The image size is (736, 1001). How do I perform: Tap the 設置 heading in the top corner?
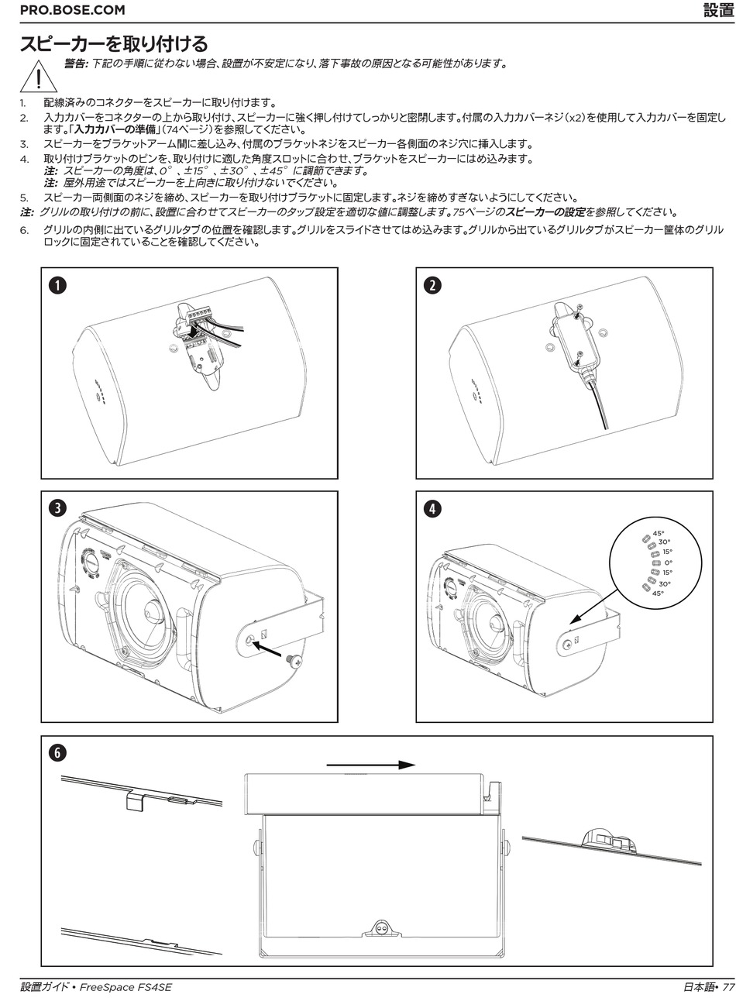717,10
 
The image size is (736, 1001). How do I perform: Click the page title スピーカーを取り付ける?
113,42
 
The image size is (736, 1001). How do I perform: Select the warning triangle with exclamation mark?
36,77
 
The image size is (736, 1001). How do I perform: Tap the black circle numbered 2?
433,285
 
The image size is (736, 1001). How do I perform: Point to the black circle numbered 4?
433,508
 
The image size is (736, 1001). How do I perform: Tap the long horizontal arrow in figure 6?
370,765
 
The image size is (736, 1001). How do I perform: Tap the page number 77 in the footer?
727,987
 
